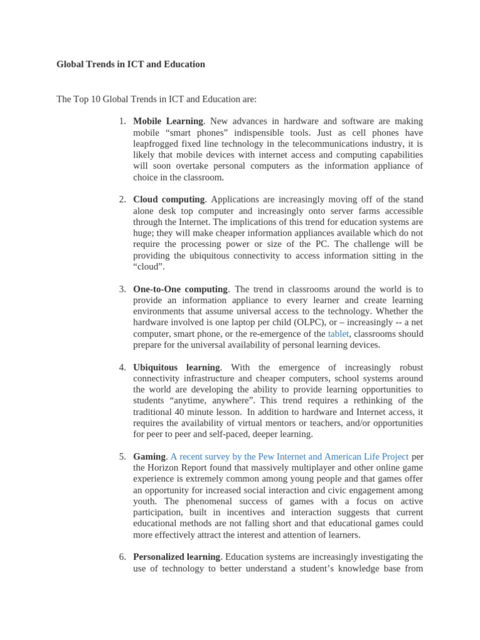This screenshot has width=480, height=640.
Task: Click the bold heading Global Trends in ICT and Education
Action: point(131,64)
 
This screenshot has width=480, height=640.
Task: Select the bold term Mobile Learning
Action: point(168,121)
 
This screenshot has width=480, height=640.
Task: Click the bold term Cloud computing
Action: point(169,199)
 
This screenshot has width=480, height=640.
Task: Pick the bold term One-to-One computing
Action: point(181,289)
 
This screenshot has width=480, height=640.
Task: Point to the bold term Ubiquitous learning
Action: point(176,367)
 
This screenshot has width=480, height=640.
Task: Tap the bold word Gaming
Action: point(149,457)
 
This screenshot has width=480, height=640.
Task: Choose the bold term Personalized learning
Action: point(177,557)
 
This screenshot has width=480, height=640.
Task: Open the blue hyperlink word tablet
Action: point(338,334)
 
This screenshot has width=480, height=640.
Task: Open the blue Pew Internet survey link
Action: point(289,457)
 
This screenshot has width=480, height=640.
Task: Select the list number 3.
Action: point(122,289)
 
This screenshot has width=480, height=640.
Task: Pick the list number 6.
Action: point(122,557)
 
